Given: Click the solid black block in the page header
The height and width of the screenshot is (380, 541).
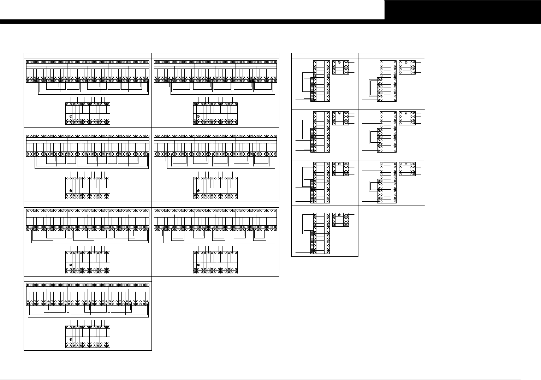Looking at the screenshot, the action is click(x=462, y=10).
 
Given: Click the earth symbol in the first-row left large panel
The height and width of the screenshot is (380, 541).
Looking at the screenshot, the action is click(x=71, y=116).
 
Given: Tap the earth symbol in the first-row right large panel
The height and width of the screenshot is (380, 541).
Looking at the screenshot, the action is click(x=198, y=116).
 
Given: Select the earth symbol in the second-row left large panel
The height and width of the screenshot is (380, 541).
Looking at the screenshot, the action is click(x=71, y=191).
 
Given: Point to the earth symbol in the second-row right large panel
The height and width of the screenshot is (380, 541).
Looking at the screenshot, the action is click(x=198, y=191).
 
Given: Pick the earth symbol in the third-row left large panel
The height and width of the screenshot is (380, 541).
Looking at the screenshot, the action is click(x=71, y=265).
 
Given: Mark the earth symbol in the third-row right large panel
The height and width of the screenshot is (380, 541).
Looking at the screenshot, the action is click(x=198, y=265).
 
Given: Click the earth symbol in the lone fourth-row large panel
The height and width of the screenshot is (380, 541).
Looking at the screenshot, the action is click(x=71, y=339).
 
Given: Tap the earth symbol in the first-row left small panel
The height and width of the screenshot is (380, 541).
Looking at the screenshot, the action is click(x=339, y=62).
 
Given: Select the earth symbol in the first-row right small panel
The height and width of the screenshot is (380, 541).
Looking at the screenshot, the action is click(x=406, y=62).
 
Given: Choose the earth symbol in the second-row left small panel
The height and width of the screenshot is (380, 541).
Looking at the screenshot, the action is click(x=339, y=113).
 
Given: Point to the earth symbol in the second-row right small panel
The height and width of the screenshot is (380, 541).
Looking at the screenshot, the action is click(x=406, y=113).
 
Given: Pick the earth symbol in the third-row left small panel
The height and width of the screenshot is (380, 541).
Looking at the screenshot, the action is click(x=339, y=164).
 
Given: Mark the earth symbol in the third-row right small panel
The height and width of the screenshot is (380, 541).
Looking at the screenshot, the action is click(x=406, y=164).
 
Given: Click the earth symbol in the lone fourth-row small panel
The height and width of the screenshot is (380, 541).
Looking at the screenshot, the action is click(x=339, y=215).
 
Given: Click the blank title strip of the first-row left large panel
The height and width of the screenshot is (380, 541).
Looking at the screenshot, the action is click(x=88, y=55).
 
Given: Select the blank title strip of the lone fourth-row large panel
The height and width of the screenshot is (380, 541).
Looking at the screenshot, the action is click(x=88, y=279).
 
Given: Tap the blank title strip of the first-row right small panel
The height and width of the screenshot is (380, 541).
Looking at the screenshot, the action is click(x=392, y=55).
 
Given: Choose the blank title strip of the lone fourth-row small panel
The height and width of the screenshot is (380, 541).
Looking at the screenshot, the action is click(x=325, y=208).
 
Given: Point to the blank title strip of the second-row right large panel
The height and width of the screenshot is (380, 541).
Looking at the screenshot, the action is click(x=215, y=130).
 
